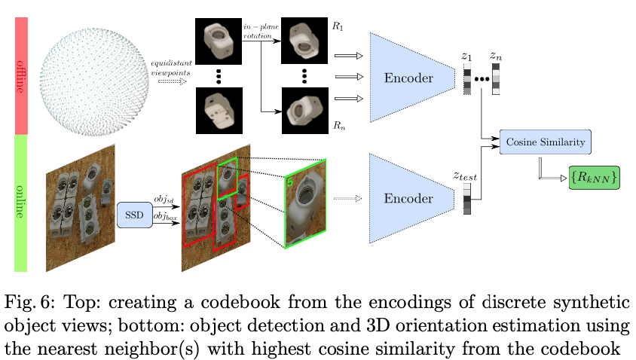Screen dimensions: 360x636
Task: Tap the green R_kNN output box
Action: click(594, 177)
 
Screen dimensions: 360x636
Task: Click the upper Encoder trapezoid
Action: click(411, 78)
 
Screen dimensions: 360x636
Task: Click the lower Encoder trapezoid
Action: click(411, 199)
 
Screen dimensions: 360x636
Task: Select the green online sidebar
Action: click(21, 202)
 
